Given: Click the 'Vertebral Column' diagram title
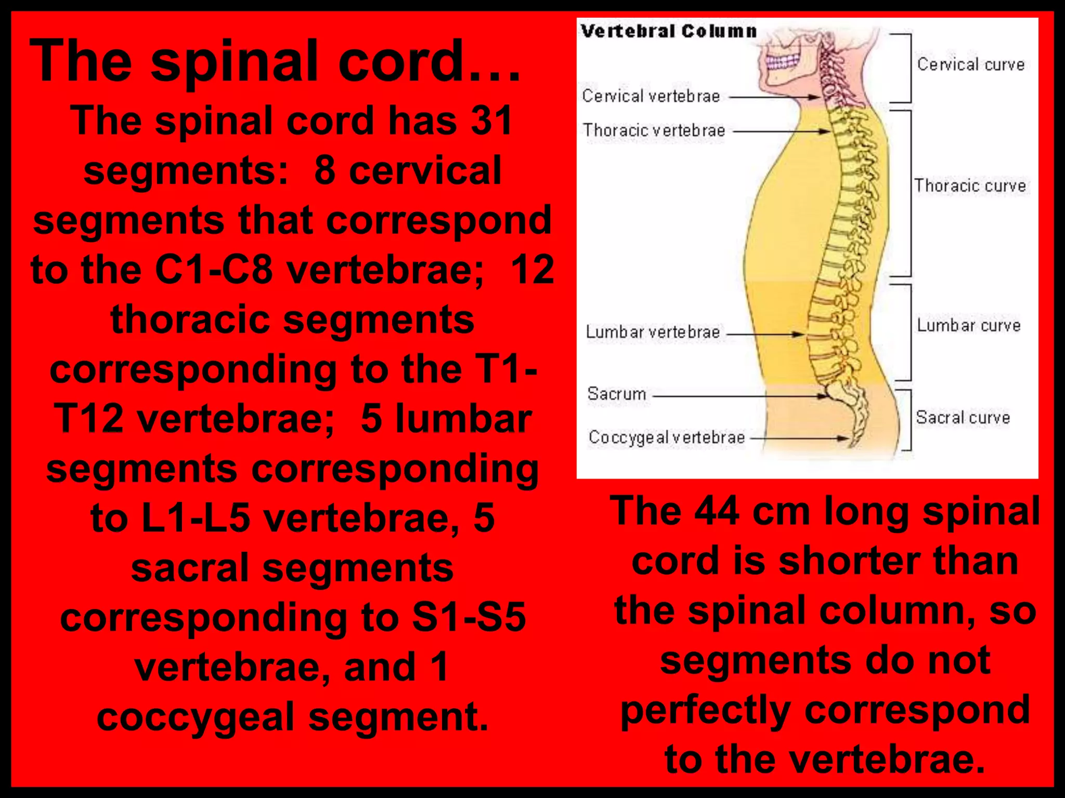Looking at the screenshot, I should pos(668,31).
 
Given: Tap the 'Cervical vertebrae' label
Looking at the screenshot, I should pos(651,96).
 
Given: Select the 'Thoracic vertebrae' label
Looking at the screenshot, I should pos(654,130).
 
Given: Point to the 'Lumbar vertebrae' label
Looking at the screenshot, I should pos(653,332).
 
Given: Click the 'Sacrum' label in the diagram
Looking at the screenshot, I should pos(616,394).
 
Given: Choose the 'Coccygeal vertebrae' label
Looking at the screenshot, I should pos(666,437).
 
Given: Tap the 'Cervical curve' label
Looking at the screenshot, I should pos(970,64).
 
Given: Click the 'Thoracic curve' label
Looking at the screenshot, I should pos(970,185).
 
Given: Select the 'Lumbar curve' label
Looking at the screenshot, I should pos(968,326).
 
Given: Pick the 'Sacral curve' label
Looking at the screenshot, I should pos(963,418).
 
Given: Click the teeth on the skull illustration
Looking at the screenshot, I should pos(783,62).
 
